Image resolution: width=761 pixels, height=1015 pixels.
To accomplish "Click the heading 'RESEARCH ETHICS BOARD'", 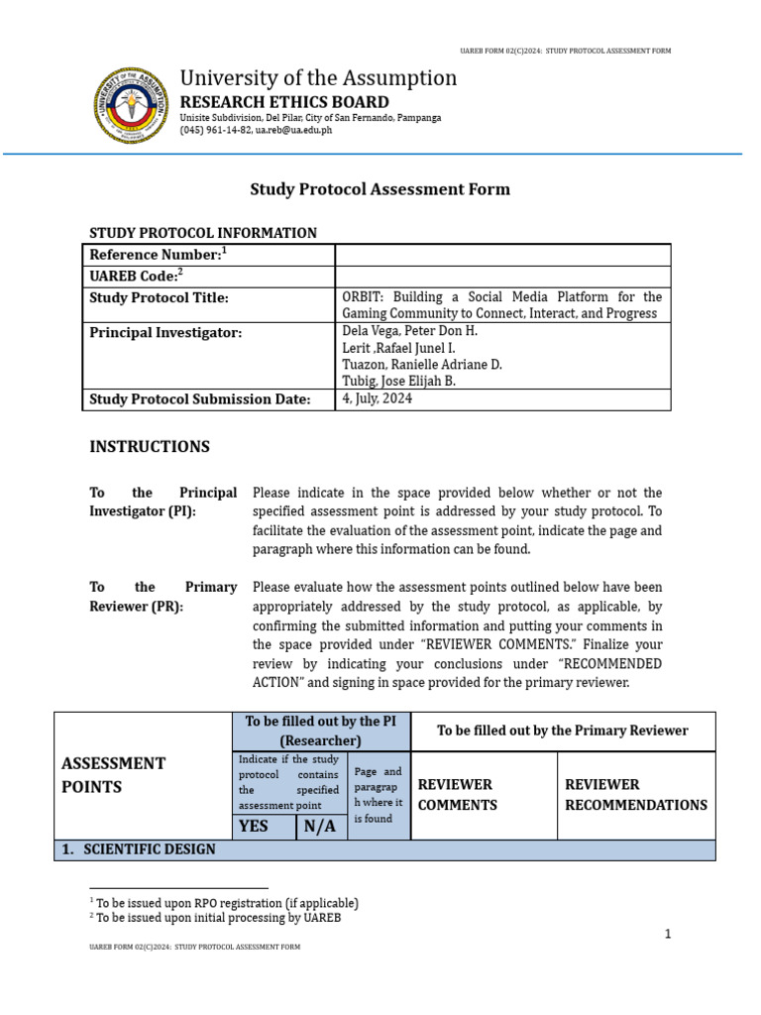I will click(x=283, y=102).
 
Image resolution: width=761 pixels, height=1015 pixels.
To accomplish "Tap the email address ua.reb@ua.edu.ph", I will click(x=295, y=130).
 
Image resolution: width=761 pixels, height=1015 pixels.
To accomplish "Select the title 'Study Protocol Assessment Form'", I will click(x=380, y=188).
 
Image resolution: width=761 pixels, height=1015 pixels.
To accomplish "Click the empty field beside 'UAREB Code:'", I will click(x=502, y=277).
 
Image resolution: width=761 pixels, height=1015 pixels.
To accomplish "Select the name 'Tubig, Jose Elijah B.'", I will click(x=399, y=381).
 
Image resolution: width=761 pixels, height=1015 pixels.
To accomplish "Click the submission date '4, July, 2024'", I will click(x=378, y=399).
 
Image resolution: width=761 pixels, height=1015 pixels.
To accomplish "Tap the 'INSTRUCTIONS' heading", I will click(x=150, y=446).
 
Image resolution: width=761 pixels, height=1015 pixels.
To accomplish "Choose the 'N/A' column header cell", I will click(x=321, y=826).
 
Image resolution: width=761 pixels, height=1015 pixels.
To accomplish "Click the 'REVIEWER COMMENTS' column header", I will click(x=458, y=794).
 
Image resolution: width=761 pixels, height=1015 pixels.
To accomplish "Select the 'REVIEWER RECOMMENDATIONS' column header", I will click(x=636, y=794).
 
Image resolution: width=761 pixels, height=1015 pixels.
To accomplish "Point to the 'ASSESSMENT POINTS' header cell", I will click(x=113, y=774).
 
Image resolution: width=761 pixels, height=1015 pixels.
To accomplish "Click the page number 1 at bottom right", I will click(x=668, y=934).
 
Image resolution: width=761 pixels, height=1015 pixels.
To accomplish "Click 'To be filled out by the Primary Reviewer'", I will click(x=563, y=731).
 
